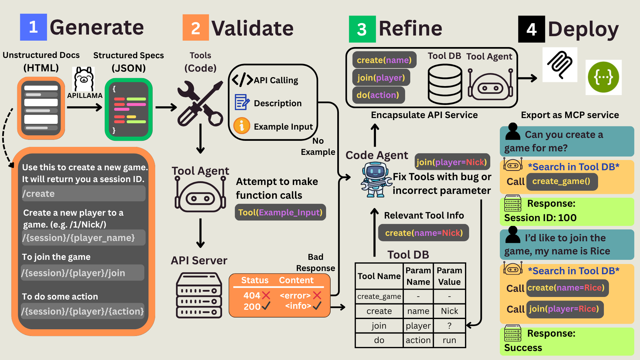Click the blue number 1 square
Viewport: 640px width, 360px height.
(33, 27)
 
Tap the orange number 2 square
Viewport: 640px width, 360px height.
(196, 28)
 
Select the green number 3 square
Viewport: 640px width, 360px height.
(362, 29)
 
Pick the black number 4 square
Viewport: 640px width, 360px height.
(532, 29)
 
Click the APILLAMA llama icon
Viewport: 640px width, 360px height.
(84, 79)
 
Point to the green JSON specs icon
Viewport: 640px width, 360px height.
(129, 109)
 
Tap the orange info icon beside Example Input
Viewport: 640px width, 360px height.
(242, 125)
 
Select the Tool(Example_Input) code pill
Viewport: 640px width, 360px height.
(280, 212)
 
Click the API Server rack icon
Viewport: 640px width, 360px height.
(199, 295)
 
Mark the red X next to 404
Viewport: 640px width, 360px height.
(266, 295)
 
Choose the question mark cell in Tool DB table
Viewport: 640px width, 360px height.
(449, 326)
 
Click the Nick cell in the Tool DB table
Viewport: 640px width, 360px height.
(449, 311)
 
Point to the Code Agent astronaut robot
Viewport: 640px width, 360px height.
(376, 179)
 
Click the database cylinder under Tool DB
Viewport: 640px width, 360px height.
(445, 84)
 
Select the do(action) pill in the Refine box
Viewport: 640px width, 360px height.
(378, 95)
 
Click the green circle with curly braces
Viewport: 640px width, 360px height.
(604, 77)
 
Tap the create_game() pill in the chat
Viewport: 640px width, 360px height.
(562, 181)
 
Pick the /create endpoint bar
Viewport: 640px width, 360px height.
(84, 194)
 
